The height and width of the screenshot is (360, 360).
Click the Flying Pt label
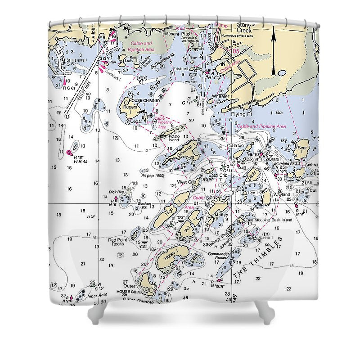click(239, 114)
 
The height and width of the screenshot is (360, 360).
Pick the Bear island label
click(301, 147)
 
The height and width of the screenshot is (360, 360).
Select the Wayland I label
click(283, 194)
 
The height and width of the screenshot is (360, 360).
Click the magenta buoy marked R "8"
click(69, 153)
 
